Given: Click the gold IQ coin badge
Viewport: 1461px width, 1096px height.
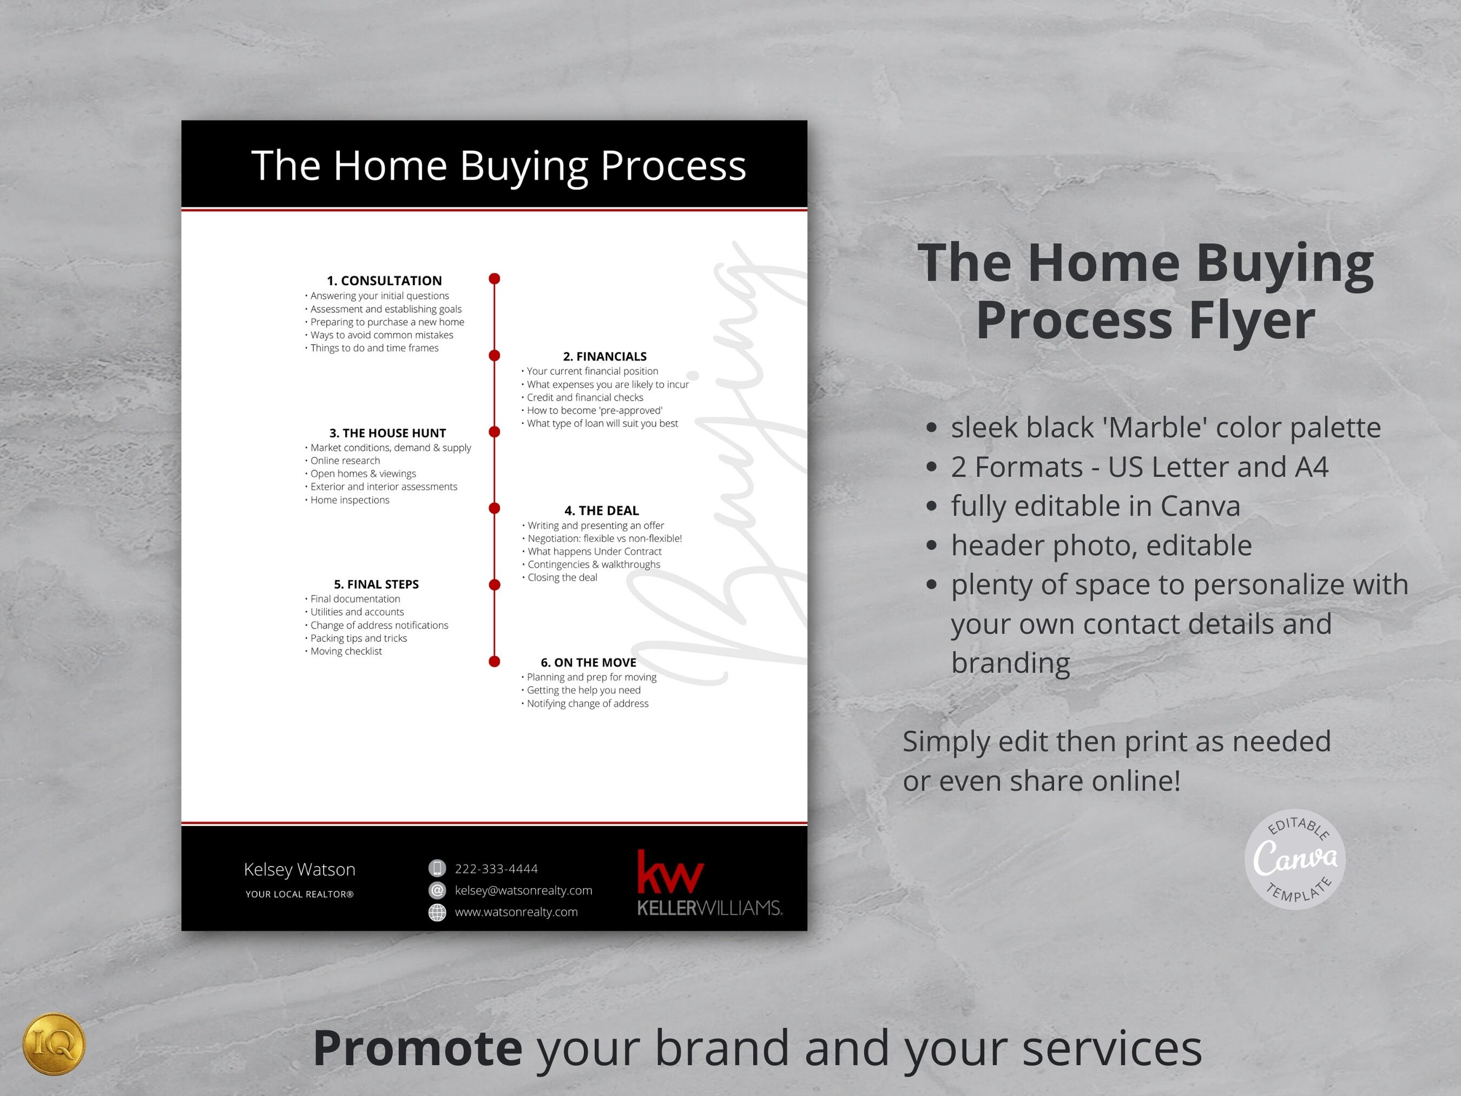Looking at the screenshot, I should click(54, 1044).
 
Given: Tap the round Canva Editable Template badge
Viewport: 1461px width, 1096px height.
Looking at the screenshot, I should click(1294, 859).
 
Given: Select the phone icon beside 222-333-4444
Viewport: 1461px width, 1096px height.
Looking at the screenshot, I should click(437, 868).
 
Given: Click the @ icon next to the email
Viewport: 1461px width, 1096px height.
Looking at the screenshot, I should click(437, 890).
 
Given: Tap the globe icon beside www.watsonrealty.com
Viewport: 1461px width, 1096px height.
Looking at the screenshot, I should click(437, 911).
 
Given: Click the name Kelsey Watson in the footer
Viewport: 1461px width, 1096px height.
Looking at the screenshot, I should click(299, 869).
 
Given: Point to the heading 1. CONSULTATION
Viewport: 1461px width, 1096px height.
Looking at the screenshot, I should click(384, 281).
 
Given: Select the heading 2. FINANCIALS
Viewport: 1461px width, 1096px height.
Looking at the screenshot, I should click(604, 356).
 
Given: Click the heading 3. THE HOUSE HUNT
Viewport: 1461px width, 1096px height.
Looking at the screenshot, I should click(388, 433).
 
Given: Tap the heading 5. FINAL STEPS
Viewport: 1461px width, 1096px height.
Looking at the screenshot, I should click(376, 584).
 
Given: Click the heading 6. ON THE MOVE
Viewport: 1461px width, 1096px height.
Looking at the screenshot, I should click(588, 662).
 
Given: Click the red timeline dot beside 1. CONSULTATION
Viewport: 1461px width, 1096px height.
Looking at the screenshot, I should click(494, 279).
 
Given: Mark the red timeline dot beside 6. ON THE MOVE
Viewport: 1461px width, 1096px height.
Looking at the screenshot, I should click(494, 661).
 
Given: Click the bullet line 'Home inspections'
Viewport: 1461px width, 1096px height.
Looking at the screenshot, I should click(350, 500).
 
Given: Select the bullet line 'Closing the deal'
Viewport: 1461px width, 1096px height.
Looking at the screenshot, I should click(562, 577).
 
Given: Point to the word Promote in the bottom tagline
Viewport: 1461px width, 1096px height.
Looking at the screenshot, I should click(417, 1048).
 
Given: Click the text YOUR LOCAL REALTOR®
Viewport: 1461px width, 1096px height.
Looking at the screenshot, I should click(299, 894).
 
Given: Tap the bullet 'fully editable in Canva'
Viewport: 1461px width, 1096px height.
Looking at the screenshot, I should click(1095, 506).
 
